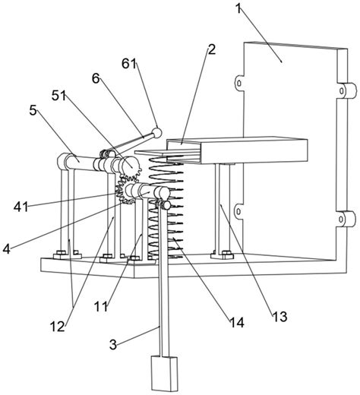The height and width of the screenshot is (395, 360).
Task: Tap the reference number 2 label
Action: click(x=211, y=49)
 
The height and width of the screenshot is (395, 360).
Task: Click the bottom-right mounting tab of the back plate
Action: click(x=349, y=220)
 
